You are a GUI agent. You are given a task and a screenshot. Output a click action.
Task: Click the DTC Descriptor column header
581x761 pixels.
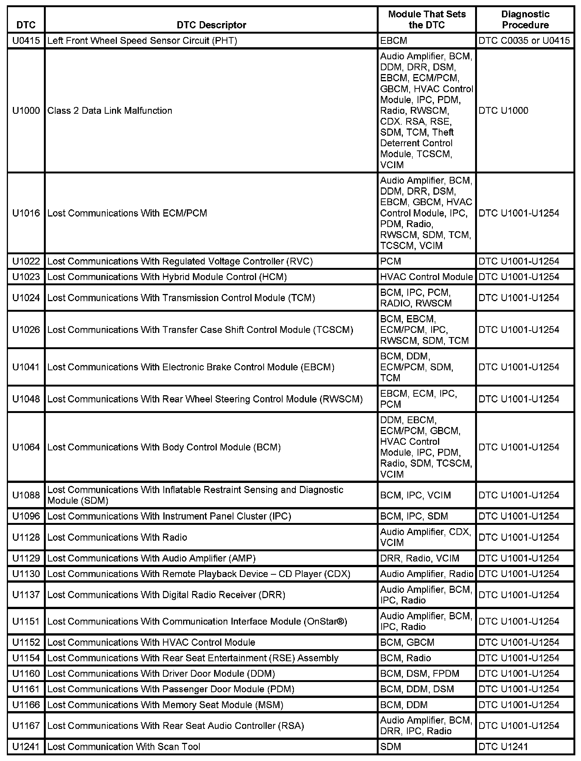tap(211, 25)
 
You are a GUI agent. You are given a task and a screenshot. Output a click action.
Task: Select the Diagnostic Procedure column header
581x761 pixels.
tap(525, 20)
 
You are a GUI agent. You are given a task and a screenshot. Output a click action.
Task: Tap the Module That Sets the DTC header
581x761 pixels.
tap(427, 20)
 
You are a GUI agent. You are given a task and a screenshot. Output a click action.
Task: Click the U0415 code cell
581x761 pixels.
tap(26, 40)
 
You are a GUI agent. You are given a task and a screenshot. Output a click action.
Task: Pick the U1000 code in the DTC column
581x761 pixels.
tap(26, 110)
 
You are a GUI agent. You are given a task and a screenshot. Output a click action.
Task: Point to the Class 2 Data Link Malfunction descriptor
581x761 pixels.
tap(110, 110)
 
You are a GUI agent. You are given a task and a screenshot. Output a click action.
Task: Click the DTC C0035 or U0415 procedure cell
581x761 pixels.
tap(524, 40)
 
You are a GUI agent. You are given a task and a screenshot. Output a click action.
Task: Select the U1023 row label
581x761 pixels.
tap(26, 277)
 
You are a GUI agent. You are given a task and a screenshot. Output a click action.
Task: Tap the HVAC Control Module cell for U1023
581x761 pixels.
tap(426, 277)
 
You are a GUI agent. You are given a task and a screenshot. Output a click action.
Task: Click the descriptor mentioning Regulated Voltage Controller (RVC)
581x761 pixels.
tap(180, 261)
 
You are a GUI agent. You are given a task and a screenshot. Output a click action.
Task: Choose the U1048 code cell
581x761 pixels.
tap(26, 399)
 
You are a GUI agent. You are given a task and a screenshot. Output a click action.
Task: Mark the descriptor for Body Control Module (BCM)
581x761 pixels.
tap(164, 447)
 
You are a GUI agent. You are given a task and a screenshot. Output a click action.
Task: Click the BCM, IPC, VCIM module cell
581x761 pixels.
tap(415, 495)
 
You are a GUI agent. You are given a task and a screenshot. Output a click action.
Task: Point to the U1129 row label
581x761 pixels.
tap(26, 558)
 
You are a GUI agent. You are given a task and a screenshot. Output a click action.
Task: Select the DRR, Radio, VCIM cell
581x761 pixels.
tap(419, 558)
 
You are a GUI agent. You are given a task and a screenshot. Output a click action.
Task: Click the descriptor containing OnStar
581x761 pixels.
tap(197, 621)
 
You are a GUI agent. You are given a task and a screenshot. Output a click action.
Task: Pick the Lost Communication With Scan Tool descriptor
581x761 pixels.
tap(124, 746)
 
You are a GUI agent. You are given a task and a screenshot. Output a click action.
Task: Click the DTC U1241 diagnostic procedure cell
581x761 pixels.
tap(503, 746)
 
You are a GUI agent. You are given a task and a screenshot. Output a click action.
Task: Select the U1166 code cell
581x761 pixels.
tap(26, 705)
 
